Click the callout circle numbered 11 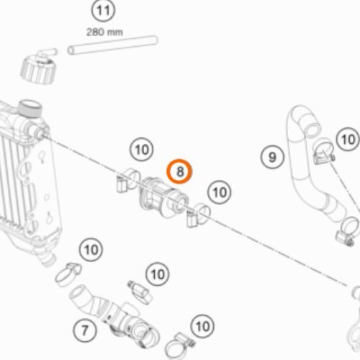click(103, 11)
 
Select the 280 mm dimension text click(104, 32)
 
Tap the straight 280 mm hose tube click(112, 45)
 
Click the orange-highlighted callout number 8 click(179, 171)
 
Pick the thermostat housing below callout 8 click(163, 197)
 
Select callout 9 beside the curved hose click(272, 157)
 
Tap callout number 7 click(84, 330)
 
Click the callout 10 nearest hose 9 click(348, 139)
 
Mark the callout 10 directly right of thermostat click(220, 192)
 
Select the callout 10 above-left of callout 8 click(141, 150)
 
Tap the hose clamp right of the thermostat click(198, 215)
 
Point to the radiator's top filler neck click(30, 109)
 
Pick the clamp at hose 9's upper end click(323, 151)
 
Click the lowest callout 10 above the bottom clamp click(202, 326)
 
